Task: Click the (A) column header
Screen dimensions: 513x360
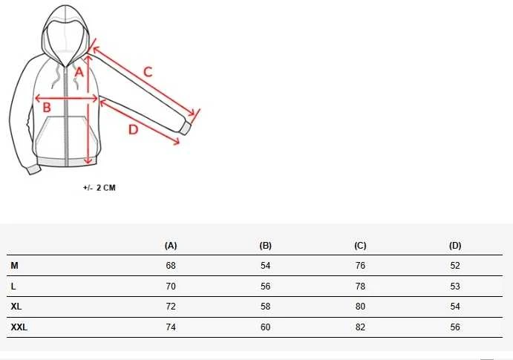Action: click(171, 246)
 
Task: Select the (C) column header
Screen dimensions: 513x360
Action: click(360, 246)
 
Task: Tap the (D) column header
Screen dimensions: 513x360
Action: click(455, 246)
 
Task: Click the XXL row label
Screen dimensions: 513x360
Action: click(19, 327)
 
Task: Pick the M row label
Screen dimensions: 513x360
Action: click(14, 266)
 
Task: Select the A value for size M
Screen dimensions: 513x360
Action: click(171, 266)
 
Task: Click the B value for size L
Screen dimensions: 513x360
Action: click(265, 287)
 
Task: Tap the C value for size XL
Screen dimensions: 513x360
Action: click(360, 307)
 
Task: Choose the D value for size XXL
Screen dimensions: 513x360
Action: click(455, 327)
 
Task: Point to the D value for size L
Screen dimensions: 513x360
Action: click(455, 287)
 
